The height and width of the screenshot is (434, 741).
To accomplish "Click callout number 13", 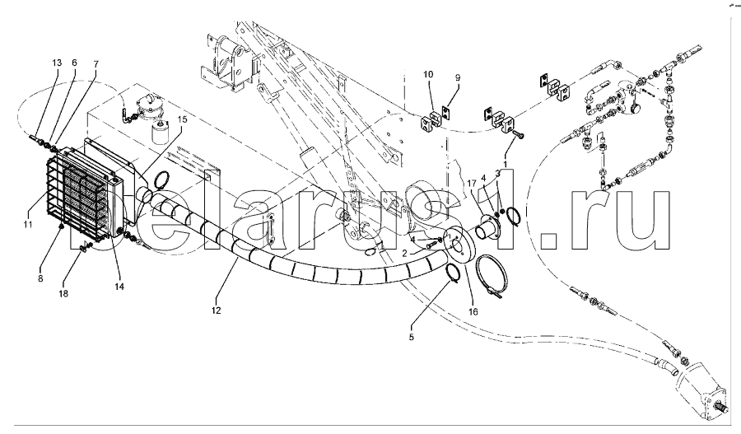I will tap(57, 63).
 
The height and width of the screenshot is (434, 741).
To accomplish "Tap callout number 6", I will tap(75, 63).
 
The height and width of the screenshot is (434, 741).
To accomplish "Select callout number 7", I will tap(96, 63).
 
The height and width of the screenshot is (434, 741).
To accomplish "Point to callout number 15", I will tap(183, 119).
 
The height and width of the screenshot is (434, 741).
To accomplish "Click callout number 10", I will tap(428, 76).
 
